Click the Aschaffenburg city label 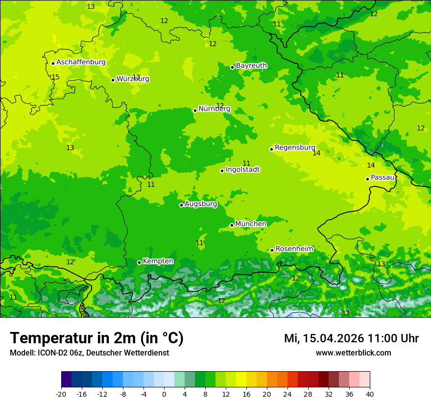[x=81, y=62]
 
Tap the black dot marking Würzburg [x=113, y=80]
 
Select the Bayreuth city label [x=251, y=66]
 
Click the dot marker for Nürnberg [x=195, y=110]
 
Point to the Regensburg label [x=295, y=148]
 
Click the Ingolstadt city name [x=242, y=170]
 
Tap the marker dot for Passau [x=367, y=179]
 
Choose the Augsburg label [x=201, y=204]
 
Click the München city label [x=251, y=224]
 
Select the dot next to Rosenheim [x=272, y=250]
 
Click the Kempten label [x=158, y=261]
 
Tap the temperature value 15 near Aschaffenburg [x=55, y=77]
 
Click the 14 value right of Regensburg [x=316, y=153]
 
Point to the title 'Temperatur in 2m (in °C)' [x=96, y=338]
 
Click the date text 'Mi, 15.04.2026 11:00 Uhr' [x=351, y=338]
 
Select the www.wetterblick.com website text [x=353, y=353]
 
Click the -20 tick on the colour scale [x=61, y=394]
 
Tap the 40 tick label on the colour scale [x=369, y=394]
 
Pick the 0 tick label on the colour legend [x=164, y=394]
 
